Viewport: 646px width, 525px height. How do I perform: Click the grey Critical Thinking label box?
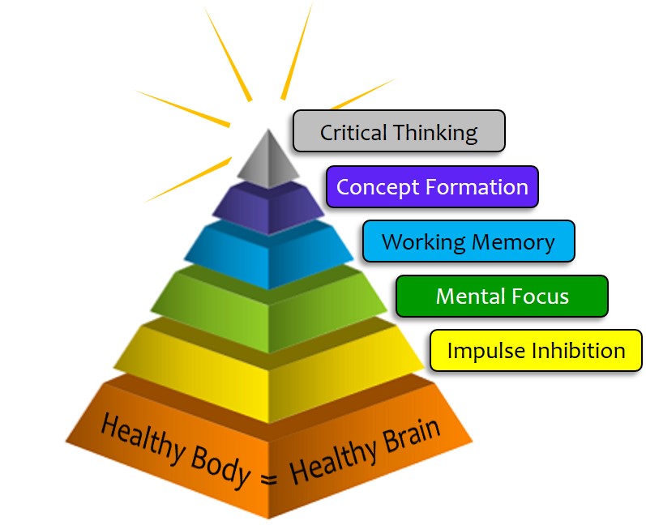pos(398,131)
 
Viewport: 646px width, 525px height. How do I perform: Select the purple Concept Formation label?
pos(432,186)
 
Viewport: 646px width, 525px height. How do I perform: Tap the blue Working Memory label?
pos(468,241)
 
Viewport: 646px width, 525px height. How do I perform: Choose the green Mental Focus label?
pos(502,296)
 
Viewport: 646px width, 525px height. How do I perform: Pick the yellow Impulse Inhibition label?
pos(536,351)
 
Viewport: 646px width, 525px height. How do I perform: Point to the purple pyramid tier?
pos(267,206)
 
